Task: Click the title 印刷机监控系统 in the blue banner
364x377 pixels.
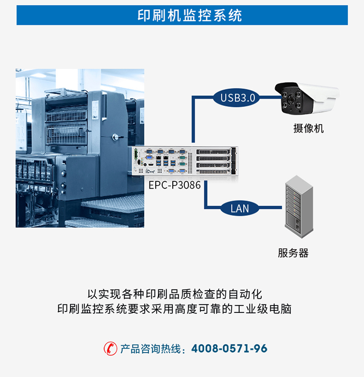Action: (190, 16)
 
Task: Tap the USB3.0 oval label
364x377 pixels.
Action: (237, 98)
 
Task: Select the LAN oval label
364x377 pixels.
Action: (240, 208)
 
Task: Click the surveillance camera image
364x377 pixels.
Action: (307, 99)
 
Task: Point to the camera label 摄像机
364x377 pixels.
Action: (309, 128)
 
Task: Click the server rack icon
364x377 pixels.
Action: (299, 206)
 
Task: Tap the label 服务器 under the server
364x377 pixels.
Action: (293, 253)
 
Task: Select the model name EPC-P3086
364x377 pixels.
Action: (175, 185)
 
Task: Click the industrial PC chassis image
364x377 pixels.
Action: (185, 161)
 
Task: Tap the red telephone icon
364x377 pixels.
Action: (110, 348)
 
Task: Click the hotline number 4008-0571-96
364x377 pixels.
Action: (229, 348)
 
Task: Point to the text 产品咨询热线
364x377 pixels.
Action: (150, 349)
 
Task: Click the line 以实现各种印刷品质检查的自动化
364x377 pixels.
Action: (174, 294)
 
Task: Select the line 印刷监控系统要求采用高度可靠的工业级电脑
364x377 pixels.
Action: (174, 309)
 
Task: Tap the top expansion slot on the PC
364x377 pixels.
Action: (213, 152)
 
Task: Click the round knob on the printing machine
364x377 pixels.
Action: (116, 137)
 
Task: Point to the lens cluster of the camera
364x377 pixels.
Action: (291, 100)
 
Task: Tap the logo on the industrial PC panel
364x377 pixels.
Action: (150, 171)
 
